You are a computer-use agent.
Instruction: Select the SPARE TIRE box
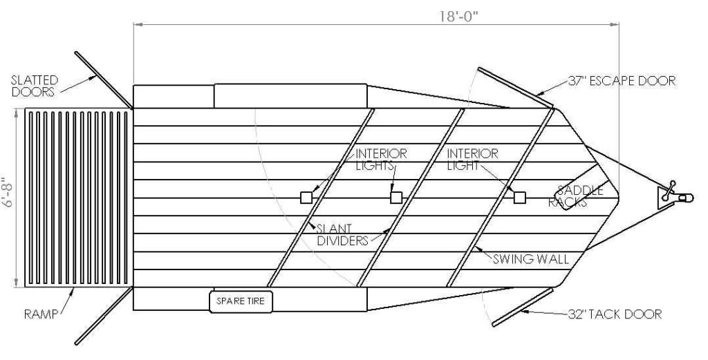241,301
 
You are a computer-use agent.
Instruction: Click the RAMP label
41,314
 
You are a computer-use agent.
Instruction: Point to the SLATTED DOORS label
35,86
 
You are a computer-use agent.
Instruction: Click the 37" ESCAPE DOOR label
622,82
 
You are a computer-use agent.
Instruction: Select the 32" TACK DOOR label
615,314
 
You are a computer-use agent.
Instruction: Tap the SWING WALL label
530,259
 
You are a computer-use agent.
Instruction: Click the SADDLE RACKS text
576,196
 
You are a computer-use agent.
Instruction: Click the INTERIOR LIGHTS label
381,159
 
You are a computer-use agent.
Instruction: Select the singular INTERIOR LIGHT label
473,159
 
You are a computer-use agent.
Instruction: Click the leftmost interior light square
306,198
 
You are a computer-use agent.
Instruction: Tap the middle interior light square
396,198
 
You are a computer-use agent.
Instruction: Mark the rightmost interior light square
520,198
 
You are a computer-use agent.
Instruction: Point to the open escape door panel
516,88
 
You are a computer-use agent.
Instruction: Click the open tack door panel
523,307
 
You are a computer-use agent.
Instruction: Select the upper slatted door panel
104,80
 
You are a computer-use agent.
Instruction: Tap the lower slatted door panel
104,316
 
